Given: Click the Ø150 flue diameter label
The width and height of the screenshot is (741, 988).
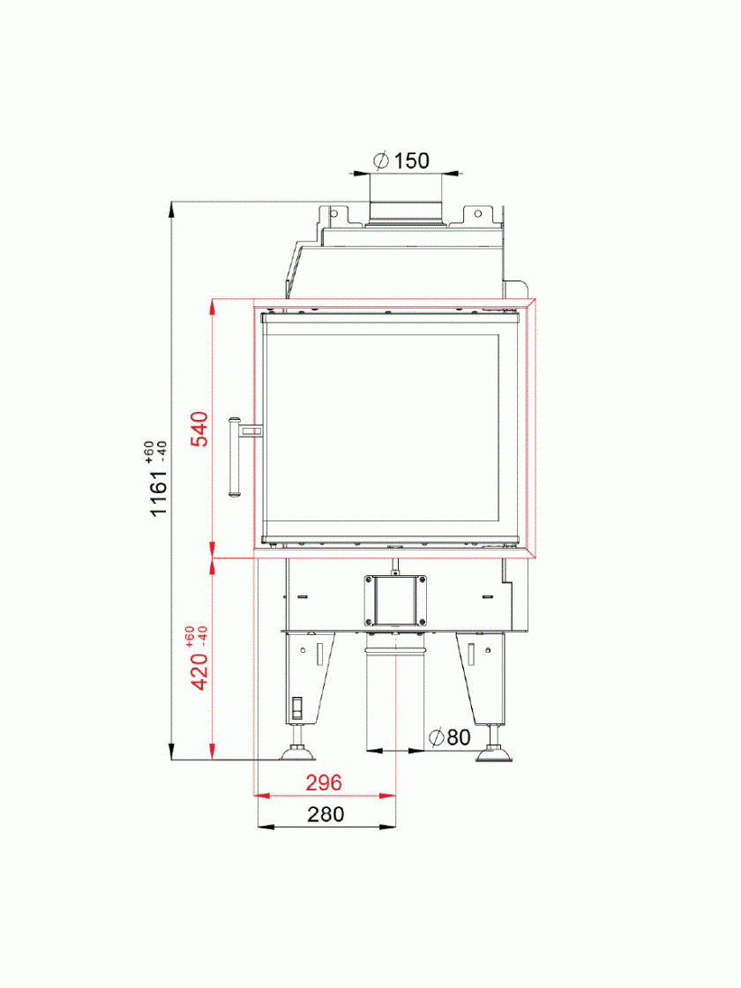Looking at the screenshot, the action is coord(401,161).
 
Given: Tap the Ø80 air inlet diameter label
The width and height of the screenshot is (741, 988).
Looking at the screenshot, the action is coord(449,737).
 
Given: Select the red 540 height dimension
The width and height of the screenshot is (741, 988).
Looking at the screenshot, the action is coord(199,429).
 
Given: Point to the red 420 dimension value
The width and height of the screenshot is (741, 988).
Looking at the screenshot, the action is coord(199,671).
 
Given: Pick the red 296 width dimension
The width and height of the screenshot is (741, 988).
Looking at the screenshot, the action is coord(324,782).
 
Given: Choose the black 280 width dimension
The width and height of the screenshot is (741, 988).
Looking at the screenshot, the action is coord(326,814).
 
